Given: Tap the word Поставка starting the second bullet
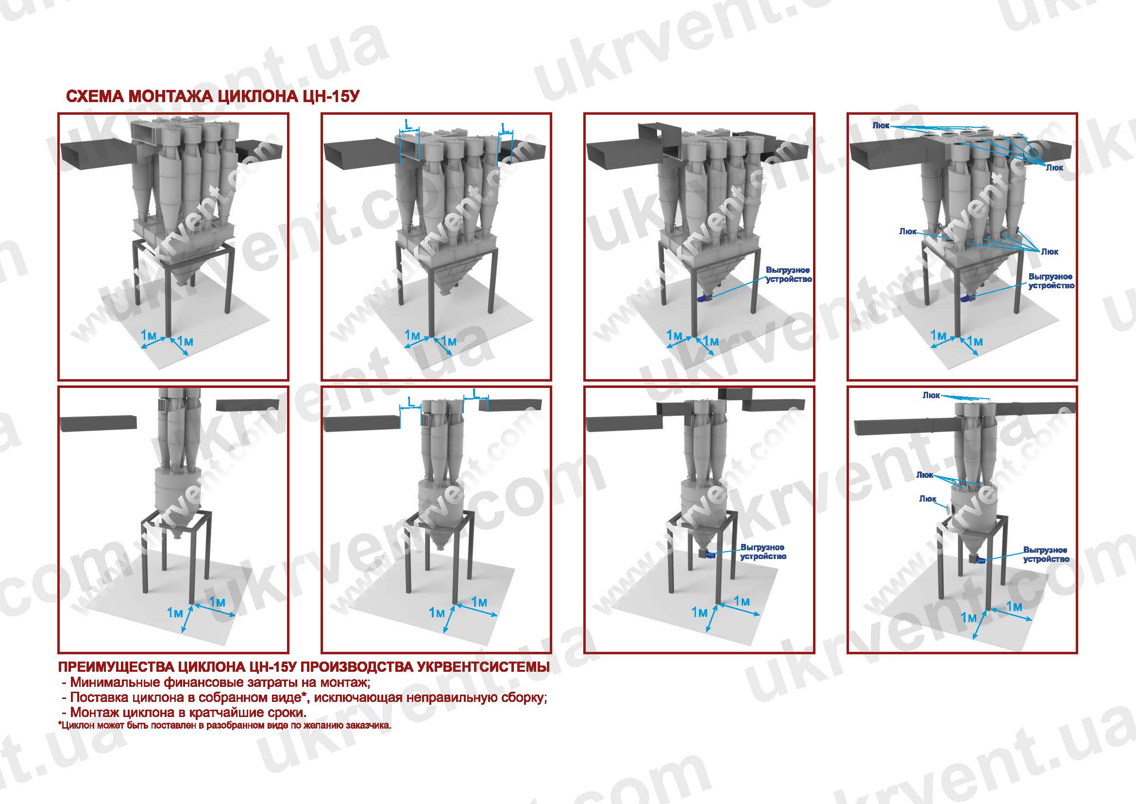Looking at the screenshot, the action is click(x=99, y=698).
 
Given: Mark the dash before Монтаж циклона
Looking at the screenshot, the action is click(x=64, y=714).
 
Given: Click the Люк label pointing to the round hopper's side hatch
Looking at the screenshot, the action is click(x=928, y=499).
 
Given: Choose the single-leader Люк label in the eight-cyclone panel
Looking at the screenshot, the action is click(x=908, y=231).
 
